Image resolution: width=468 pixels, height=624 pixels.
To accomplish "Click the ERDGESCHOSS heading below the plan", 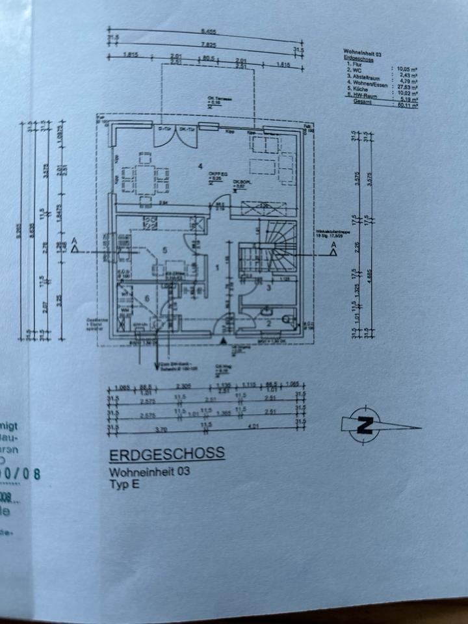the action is click(x=167, y=453).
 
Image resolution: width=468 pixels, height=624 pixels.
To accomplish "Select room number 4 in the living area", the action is click(x=201, y=166).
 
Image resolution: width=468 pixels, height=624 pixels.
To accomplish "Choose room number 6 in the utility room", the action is click(x=147, y=297).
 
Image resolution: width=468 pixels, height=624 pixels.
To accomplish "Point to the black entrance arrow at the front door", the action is click(x=223, y=339).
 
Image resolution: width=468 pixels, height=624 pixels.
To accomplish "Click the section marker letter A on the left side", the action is click(x=75, y=248).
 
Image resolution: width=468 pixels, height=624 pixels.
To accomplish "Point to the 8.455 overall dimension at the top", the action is click(x=209, y=31).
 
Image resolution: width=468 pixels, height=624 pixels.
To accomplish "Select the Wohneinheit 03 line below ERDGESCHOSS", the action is click(x=149, y=473).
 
